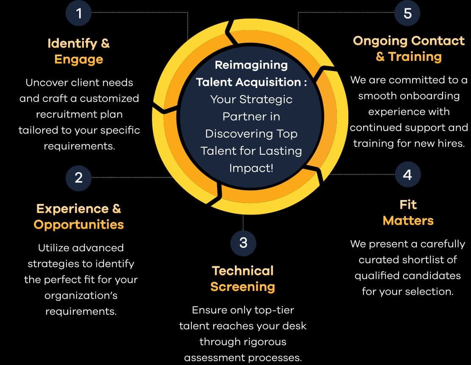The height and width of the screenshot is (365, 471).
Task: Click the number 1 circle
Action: pos(78,13)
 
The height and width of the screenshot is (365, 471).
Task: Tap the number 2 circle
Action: pos(78,178)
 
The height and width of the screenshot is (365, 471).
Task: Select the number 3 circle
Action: pos(243,243)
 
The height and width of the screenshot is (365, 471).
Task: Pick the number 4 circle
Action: pos(407,175)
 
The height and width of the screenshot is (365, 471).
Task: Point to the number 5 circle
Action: pos(407,13)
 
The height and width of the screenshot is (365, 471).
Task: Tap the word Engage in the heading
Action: pos(79,59)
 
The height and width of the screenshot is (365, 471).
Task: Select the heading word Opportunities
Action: pos(79,224)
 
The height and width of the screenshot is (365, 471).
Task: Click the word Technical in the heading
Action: pos(243,271)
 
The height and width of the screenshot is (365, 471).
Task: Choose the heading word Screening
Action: pos(243,287)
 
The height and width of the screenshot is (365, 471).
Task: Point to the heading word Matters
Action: pos(408,220)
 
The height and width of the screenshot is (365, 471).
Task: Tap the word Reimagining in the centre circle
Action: pos(251,65)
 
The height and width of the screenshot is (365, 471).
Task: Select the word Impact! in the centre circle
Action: pos(251,168)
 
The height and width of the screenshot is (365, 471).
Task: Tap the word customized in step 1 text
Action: pos(110,98)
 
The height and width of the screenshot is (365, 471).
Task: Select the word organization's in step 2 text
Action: pos(81,295)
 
